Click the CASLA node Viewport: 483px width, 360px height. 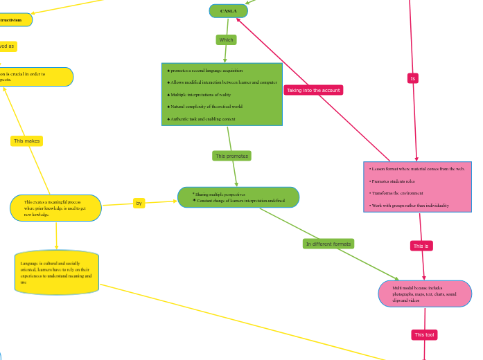[228, 11]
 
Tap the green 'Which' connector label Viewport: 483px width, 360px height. [226, 40]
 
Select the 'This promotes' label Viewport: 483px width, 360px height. [231, 156]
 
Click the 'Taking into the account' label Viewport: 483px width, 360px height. [313, 90]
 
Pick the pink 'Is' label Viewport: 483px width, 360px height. [413, 78]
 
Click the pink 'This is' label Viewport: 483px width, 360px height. [421, 246]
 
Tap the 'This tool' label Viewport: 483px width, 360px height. [424, 335]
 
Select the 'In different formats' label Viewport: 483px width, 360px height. [328, 244]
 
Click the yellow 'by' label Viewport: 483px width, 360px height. [139, 203]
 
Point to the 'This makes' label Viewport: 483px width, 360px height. [27, 141]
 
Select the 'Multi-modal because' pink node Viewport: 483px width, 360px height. [425, 294]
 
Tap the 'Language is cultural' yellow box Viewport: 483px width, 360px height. [56, 273]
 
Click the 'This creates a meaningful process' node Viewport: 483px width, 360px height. [55, 208]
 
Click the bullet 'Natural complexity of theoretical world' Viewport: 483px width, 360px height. [206, 107]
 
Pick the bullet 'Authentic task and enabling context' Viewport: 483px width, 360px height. [202, 119]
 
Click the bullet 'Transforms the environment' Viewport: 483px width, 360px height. [396, 193]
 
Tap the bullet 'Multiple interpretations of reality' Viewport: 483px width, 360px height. [200, 94]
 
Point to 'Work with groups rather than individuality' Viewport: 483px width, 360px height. [410, 206]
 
